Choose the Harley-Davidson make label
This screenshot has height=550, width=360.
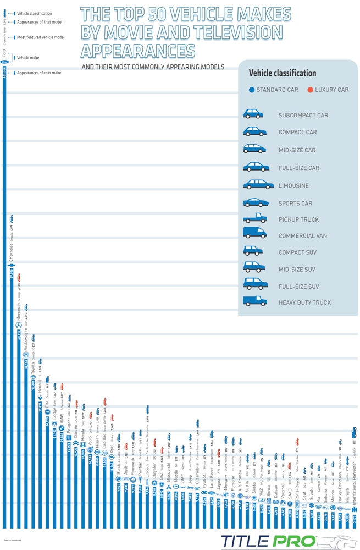pos(340,484)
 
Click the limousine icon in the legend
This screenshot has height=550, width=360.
pos(258,185)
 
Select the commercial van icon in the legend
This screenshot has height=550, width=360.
pos(254,235)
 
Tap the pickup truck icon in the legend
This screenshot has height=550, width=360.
pos(254,218)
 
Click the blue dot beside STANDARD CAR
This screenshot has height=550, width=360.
pos(252,90)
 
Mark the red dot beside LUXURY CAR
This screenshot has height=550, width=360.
pos(311,90)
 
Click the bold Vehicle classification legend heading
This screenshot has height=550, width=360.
pos(283,73)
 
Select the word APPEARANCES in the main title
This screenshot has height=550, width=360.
pos(137,51)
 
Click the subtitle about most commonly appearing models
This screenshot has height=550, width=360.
pos(152,67)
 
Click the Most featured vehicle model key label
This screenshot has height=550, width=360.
pos(41,37)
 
